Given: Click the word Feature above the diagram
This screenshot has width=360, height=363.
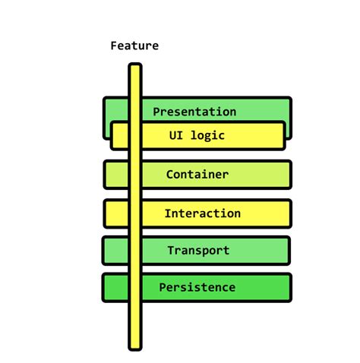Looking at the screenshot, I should (134, 46).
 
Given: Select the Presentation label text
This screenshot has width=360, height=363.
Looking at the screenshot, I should (194, 112).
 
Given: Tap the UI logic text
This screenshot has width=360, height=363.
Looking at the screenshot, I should (197, 136).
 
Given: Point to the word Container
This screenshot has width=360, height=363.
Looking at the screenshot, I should (197, 175).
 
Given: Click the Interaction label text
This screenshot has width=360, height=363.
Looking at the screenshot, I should (202, 213).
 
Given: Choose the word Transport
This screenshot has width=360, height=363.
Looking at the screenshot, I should (197, 251).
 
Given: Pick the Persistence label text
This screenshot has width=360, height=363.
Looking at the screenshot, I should (197, 288).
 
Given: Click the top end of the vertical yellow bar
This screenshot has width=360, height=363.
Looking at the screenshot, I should (134, 68).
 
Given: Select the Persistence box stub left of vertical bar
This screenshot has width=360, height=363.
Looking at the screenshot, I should (115, 288).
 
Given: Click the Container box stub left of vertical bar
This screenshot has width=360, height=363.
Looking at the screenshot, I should (116, 175).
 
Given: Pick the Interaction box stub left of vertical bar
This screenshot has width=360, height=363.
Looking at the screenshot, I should (116, 213).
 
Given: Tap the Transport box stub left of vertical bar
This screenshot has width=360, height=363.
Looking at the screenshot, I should (115, 251).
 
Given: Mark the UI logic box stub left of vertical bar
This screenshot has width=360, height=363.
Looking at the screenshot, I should (120, 136).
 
